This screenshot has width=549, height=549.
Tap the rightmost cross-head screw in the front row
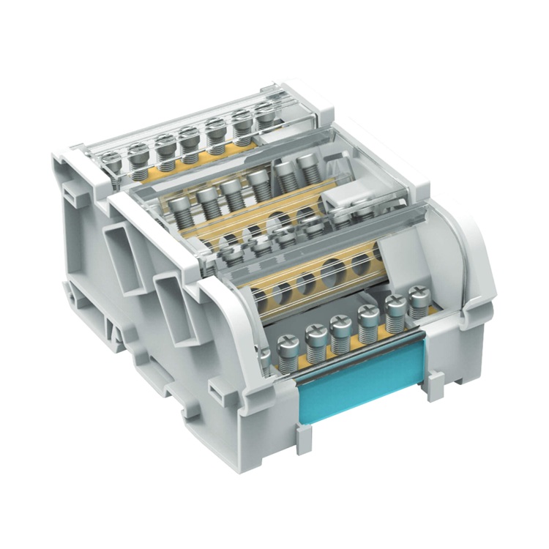pos(419,298)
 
